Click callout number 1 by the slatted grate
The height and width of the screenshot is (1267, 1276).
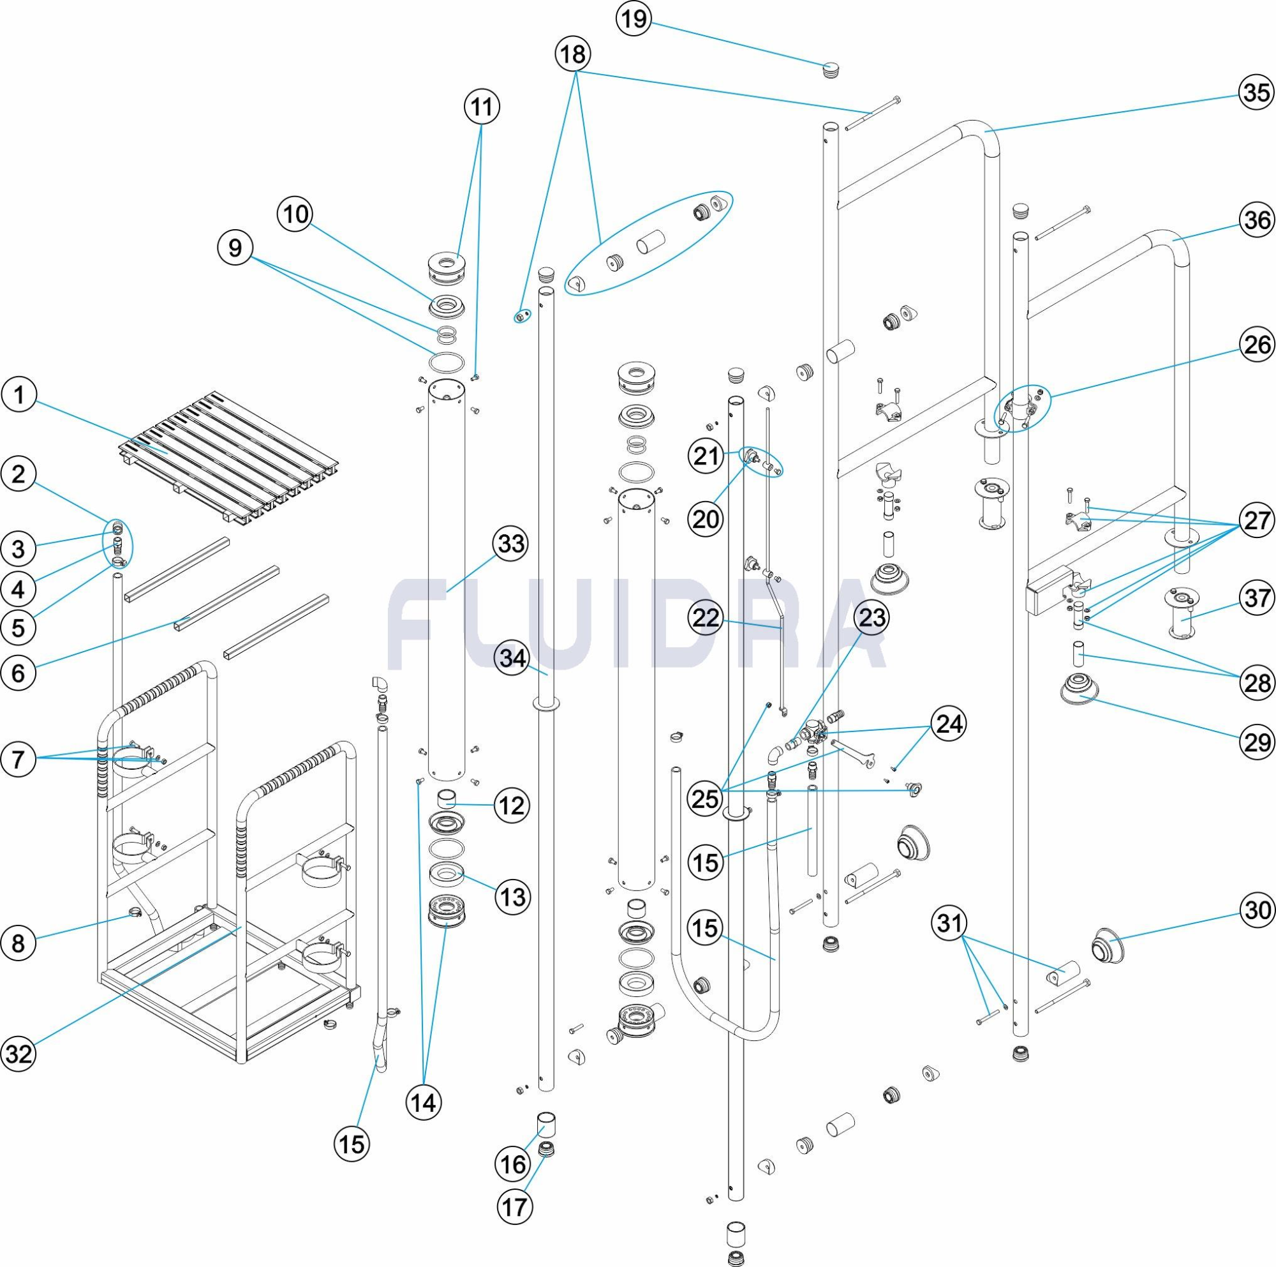tap(19, 396)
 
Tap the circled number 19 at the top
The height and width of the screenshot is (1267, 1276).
tap(634, 19)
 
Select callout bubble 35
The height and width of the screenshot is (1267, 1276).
tap(1256, 93)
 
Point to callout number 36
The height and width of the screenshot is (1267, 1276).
tap(1256, 220)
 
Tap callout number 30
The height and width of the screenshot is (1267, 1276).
tap(1256, 911)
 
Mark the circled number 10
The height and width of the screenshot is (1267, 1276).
tap(295, 214)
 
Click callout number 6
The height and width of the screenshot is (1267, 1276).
tap(19, 673)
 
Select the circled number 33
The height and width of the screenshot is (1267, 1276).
tap(511, 544)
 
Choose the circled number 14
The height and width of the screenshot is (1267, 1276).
tap(424, 1102)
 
